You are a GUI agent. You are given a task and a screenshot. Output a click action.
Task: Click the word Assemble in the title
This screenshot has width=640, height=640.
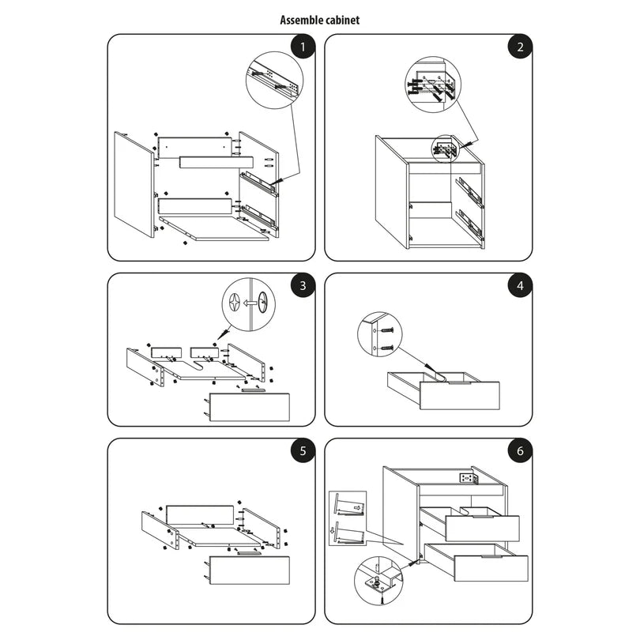(299, 21)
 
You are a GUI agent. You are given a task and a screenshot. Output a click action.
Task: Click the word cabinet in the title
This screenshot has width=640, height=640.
(342, 21)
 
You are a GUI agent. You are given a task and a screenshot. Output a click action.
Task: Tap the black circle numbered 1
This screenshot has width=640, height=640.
(301, 47)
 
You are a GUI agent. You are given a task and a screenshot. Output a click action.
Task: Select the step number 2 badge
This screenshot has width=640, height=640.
(519, 47)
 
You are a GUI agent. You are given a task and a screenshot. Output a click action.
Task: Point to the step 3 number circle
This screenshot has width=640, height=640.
(301, 286)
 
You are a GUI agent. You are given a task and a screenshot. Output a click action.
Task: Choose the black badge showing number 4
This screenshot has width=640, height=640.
(519, 286)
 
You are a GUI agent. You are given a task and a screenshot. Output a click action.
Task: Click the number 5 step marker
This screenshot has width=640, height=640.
(301, 452)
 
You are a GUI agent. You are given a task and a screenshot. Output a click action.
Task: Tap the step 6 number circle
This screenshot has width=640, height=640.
(519, 452)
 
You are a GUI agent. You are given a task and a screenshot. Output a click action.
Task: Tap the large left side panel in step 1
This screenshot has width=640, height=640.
(134, 184)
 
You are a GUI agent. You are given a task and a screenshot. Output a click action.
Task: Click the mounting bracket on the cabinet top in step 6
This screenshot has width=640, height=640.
(466, 478)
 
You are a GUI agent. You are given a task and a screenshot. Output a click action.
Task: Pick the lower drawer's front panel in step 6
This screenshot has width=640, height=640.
(491, 570)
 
